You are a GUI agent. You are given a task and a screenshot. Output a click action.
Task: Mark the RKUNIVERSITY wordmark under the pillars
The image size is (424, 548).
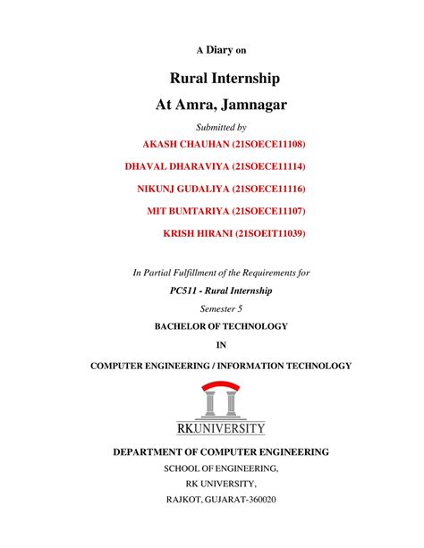[220, 427]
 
